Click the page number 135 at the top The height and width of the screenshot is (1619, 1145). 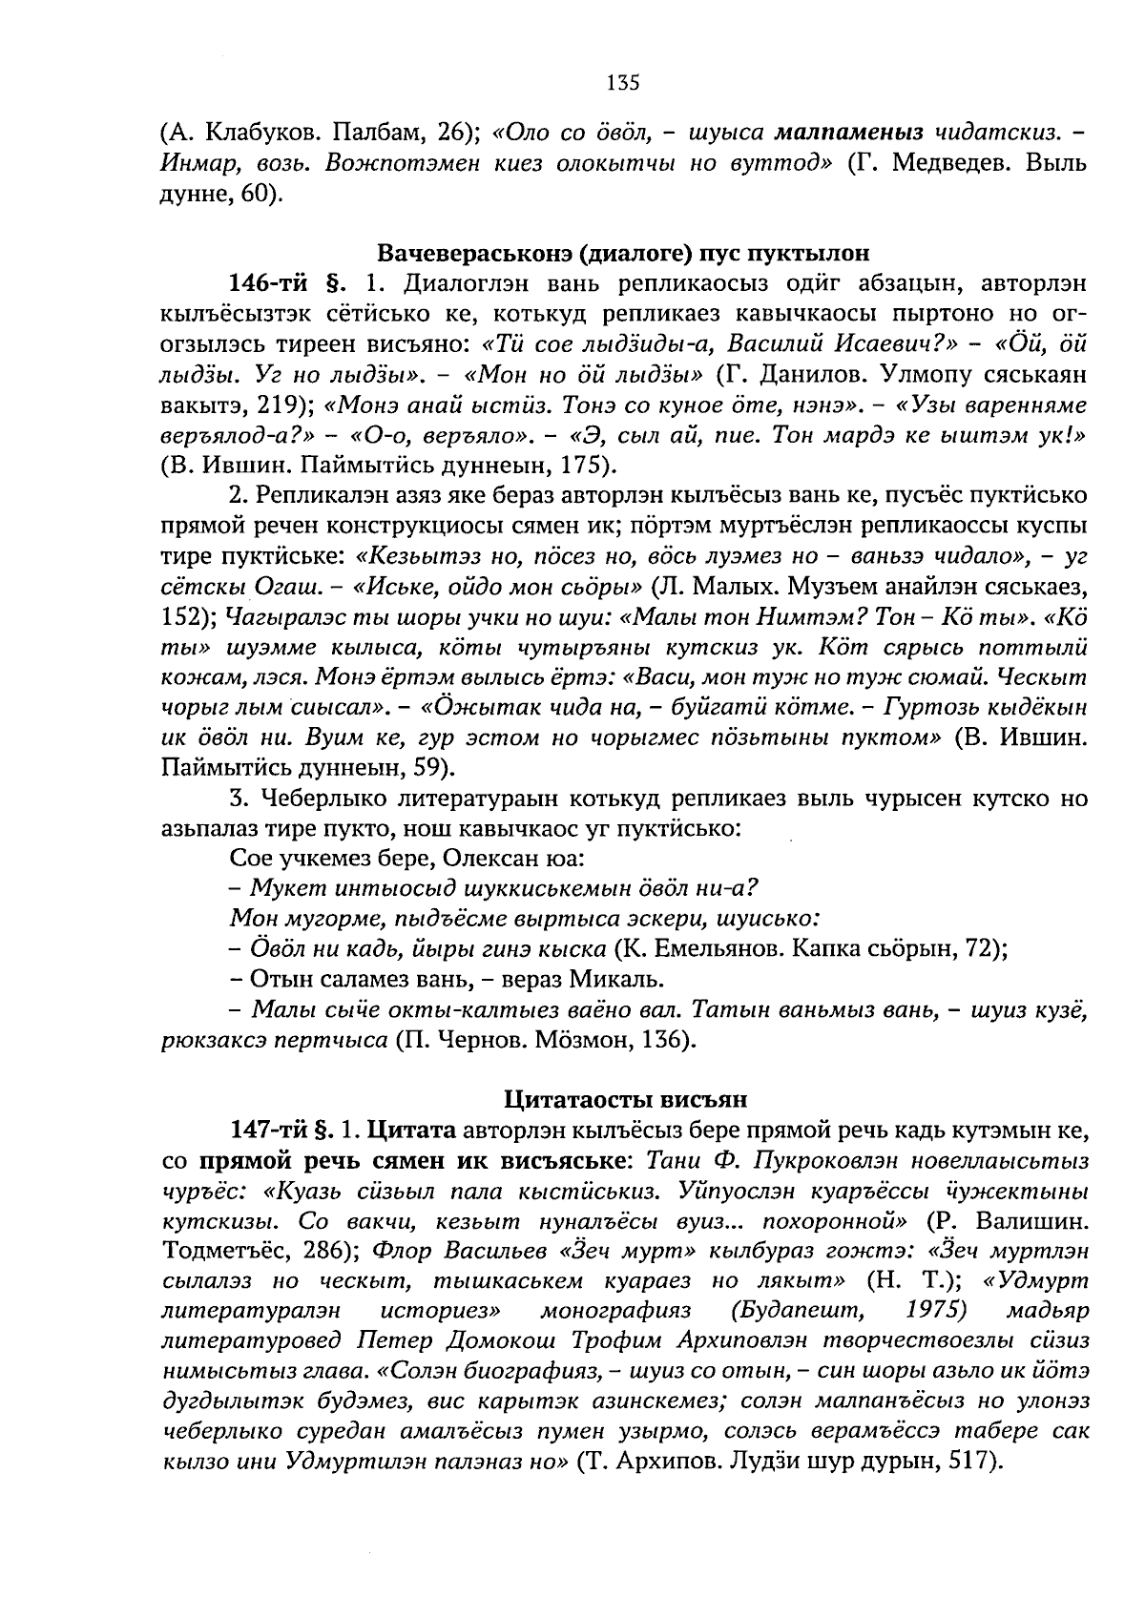[621, 83]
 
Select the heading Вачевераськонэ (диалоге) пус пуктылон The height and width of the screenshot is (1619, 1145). [624, 254]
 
